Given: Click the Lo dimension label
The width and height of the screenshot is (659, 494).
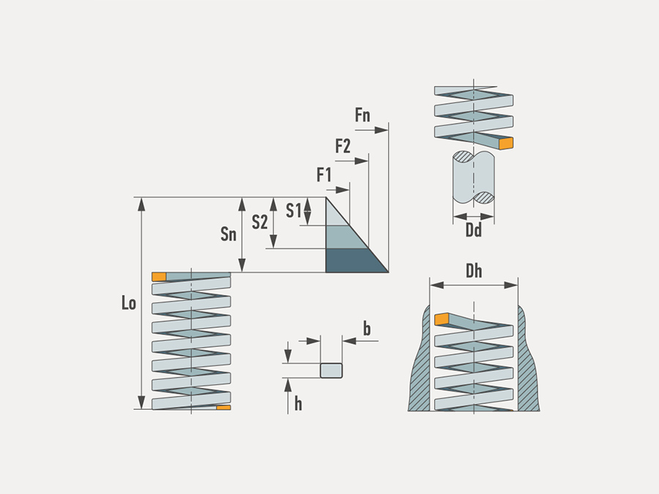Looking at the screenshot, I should (x=129, y=303).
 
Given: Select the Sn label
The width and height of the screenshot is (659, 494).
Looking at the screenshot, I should (x=228, y=234).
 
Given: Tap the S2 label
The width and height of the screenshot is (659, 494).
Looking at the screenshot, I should (x=259, y=222).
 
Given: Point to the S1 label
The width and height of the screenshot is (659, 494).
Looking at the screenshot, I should (x=293, y=211).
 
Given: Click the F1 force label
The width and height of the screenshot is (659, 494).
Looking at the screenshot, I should (x=324, y=175).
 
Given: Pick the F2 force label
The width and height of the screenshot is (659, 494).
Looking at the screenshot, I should (x=343, y=146).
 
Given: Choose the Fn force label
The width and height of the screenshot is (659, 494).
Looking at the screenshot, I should (x=362, y=115).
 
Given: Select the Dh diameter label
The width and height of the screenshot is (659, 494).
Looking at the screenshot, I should (x=474, y=272).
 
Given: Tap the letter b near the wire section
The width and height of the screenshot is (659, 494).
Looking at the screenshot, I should (x=367, y=329).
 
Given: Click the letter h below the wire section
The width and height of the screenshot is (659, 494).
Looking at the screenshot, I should (x=298, y=403).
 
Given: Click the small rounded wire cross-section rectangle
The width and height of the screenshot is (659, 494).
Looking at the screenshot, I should (x=332, y=370).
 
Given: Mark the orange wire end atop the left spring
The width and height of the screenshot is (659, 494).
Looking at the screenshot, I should (x=159, y=277).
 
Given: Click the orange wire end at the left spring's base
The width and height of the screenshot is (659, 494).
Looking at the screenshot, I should (x=223, y=407).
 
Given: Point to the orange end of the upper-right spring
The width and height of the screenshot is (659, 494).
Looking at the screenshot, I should (x=505, y=143).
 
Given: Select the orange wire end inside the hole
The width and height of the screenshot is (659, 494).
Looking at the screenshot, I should (x=441, y=319).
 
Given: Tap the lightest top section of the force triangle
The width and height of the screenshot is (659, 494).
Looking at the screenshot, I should (x=334, y=214).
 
